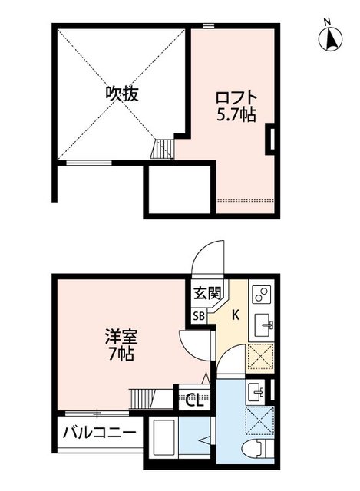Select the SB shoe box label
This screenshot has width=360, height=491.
[x=199, y=315]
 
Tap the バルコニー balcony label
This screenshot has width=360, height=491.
[x=99, y=433]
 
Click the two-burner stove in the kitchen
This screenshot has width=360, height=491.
[x=261, y=296]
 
